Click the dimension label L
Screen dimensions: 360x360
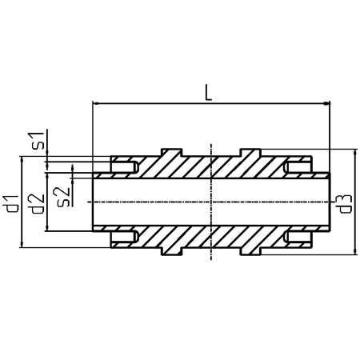click(x=208, y=92)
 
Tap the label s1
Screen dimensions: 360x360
click(x=38, y=141)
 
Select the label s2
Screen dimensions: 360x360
click(x=62, y=197)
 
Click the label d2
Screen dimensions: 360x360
click(x=37, y=204)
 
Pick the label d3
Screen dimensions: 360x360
click(x=346, y=204)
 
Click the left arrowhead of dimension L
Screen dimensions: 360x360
click(x=95, y=103)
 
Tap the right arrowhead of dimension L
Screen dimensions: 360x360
click(x=326, y=103)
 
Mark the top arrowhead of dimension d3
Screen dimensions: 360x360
click(x=354, y=153)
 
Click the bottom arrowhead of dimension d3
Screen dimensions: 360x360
click(x=354, y=251)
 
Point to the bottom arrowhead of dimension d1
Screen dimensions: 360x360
click(x=22, y=245)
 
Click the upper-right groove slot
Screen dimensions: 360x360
click(x=298, y=167)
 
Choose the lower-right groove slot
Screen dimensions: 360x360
click(x=298, y=237)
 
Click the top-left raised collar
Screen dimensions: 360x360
click(x=171, y=153)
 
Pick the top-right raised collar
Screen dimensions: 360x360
click(x=250, y=153)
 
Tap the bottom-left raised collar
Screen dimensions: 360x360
click(x=171, y=251)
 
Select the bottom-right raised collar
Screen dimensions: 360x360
click(x=250, y=251)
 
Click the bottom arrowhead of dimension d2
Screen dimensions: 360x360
click(x=47, y=228)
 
